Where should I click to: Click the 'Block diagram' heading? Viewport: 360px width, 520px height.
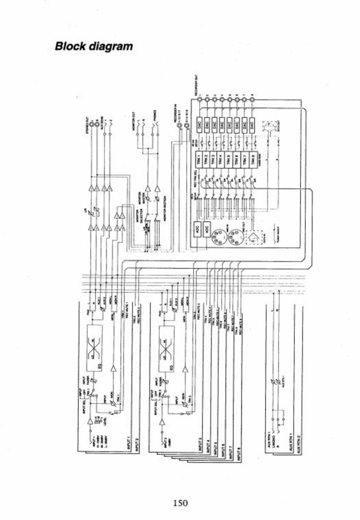[94, 46]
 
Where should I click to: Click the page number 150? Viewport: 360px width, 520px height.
[181, 503]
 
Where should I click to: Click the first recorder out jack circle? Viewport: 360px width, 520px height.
[199, 99]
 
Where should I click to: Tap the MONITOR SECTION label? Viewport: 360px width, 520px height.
[165, 208]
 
